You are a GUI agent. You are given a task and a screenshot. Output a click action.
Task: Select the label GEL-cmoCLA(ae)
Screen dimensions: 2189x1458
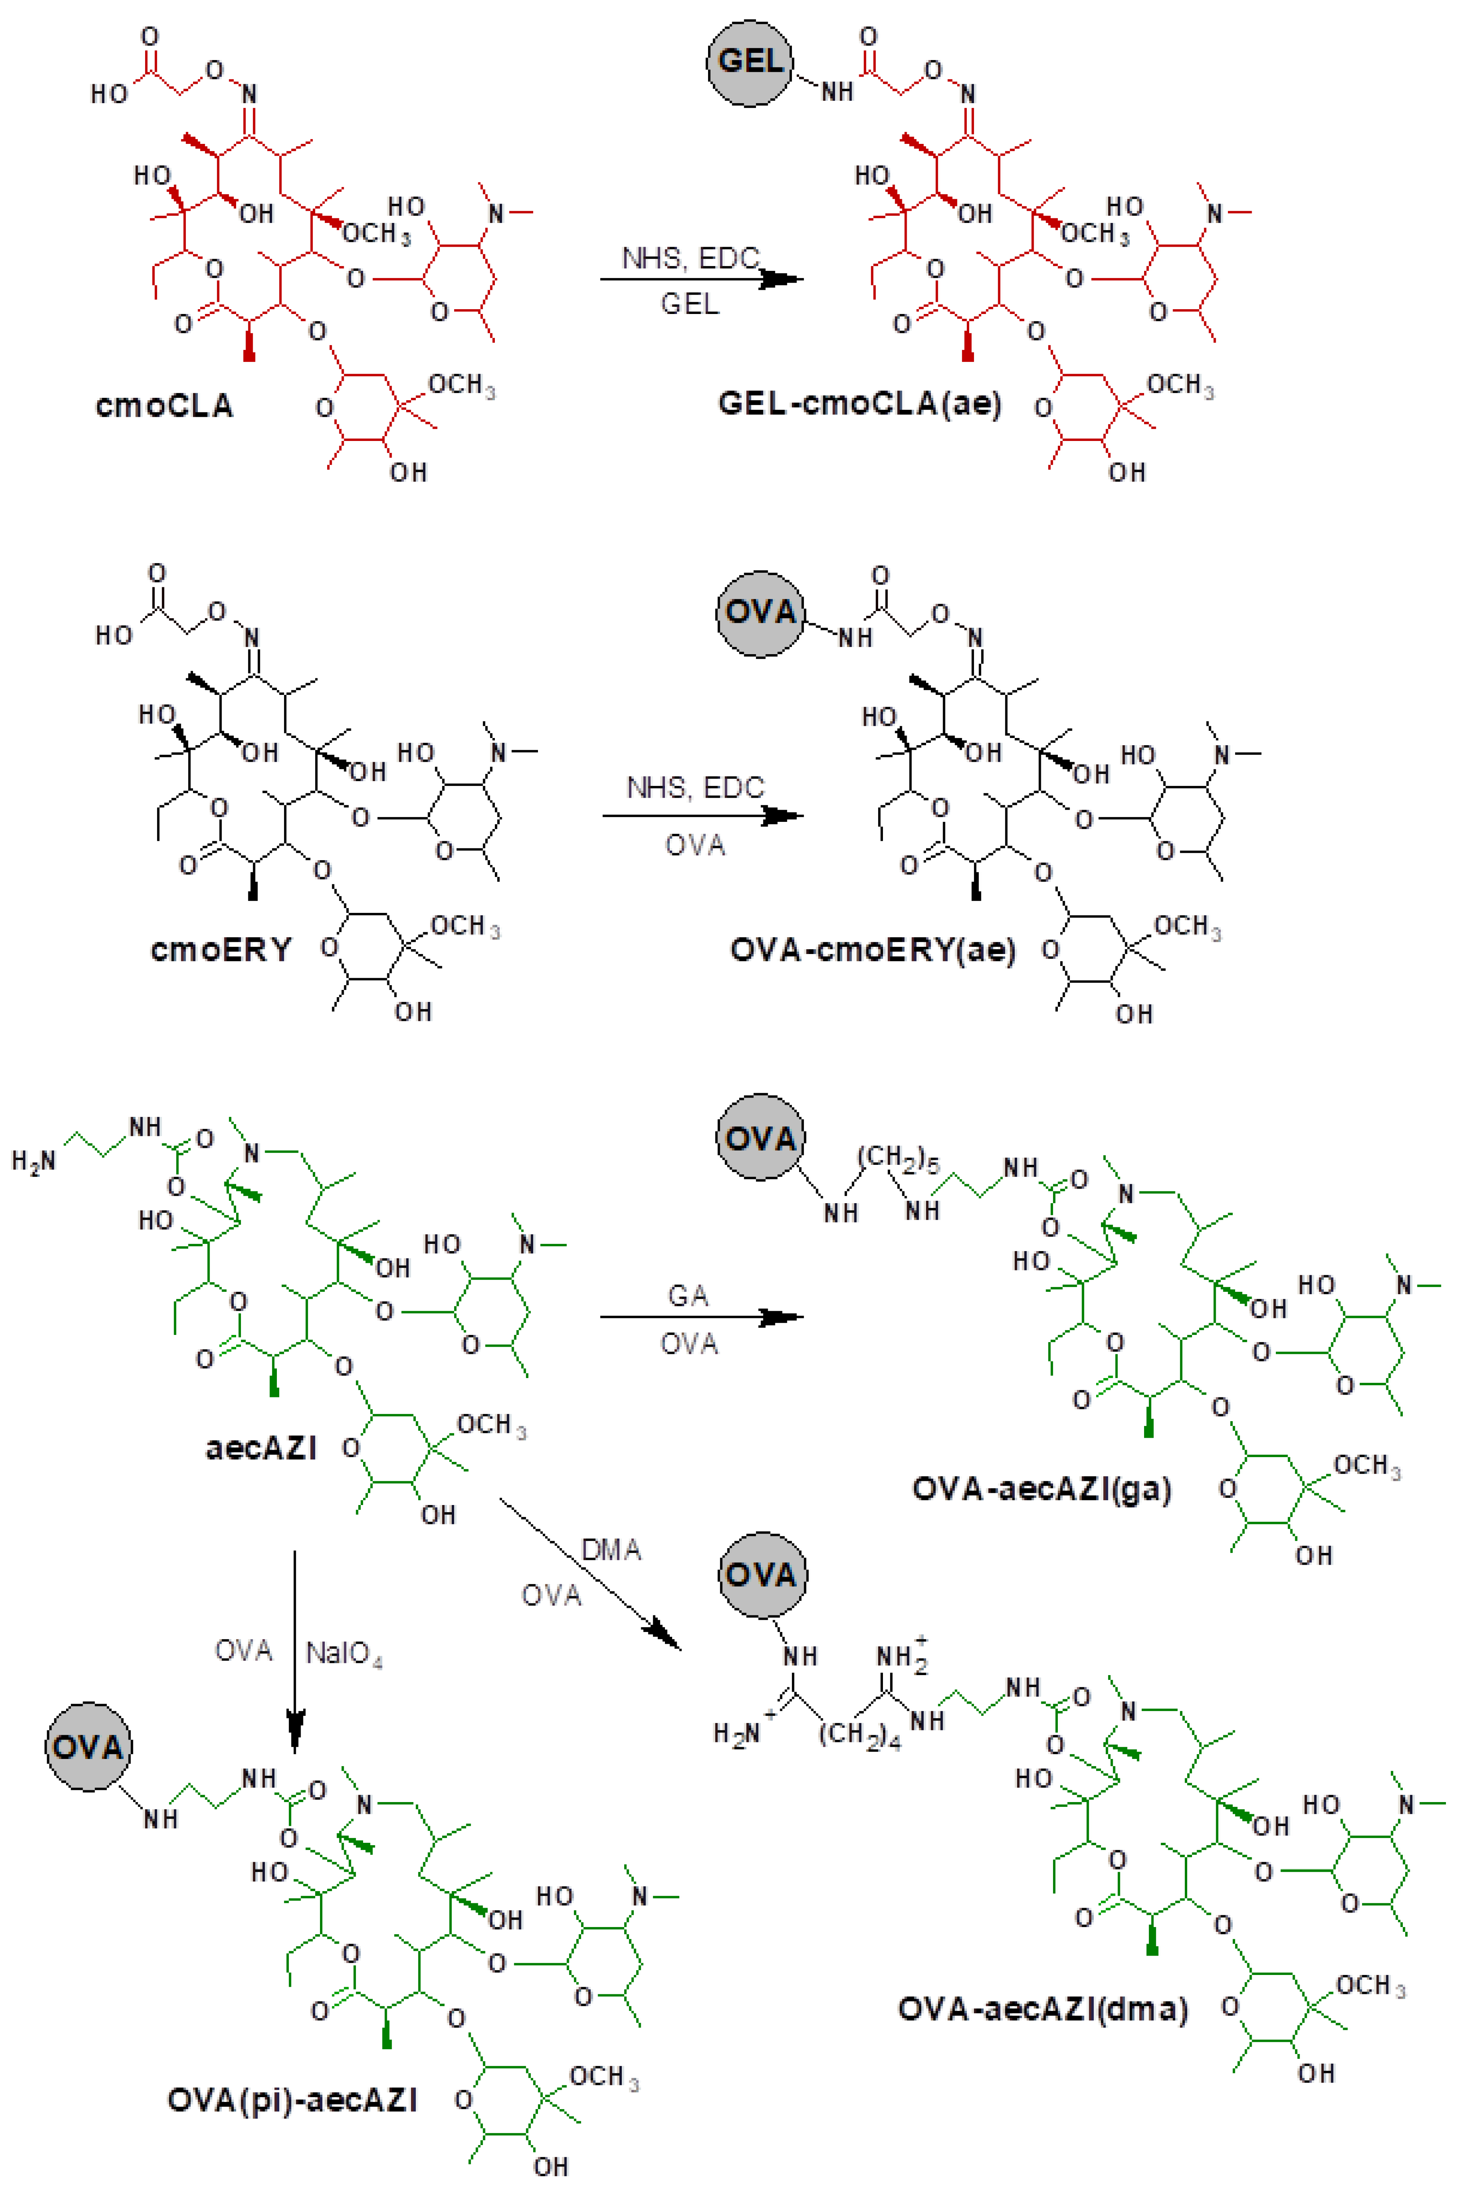[x=860, y=403]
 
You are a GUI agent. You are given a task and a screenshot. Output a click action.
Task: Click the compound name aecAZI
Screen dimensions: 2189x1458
[x=261, y=1448]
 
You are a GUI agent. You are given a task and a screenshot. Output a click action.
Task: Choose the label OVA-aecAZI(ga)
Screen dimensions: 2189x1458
[x=1041, y=1489]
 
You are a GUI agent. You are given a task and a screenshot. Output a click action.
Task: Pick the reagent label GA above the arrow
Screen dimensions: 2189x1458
[x=688, y=1295]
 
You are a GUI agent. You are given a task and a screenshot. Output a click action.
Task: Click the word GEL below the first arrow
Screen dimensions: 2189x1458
[x=689, y=304]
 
